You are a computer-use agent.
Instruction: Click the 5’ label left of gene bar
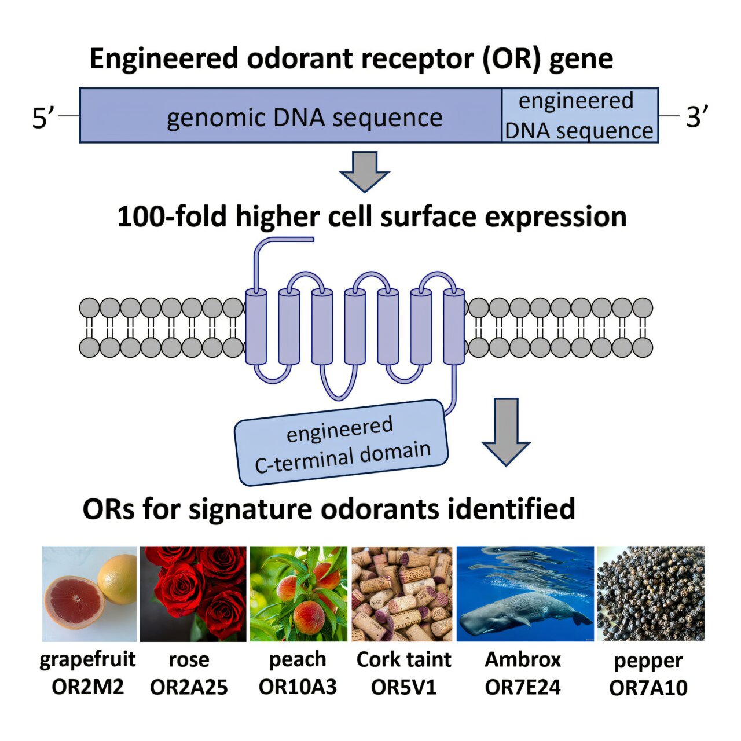(x=43, y=118)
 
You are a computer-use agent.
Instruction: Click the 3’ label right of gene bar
(x=697, y=118)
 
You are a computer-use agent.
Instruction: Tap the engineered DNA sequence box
(x=579, y=116)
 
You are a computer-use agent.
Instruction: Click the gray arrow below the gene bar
(x=365, y=171)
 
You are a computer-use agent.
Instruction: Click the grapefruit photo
(x=89, y=594)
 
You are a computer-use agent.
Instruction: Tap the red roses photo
(x=193, y=594)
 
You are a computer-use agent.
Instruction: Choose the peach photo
(x=298, y=594)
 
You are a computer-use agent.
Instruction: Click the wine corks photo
(x=402, y=594)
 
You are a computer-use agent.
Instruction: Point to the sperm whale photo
(x=525, y=594)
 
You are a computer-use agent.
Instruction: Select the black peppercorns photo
(x=651, y=594)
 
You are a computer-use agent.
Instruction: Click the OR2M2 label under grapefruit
(x=87, y=687)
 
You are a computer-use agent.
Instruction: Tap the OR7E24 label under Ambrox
(x=523, y=687)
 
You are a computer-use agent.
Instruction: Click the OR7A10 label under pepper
(x=648, y=688)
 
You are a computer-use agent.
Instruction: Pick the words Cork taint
(x=403, y=659)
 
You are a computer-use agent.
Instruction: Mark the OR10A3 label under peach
(x=298, y=687)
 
